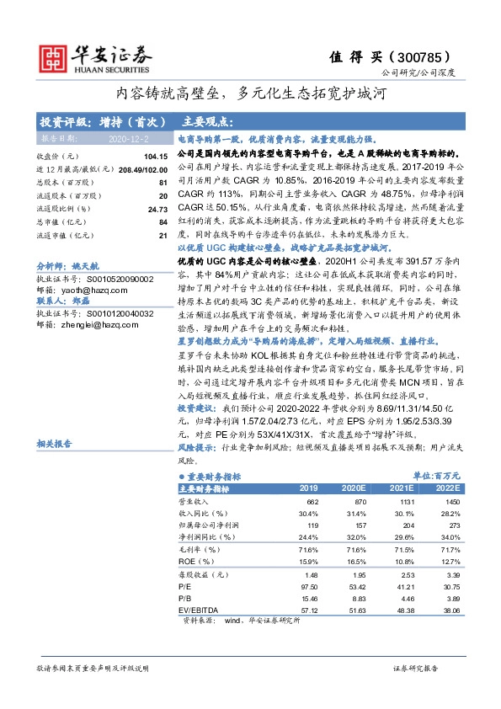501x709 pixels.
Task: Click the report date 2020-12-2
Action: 126,137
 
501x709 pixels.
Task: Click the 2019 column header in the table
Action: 309,488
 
